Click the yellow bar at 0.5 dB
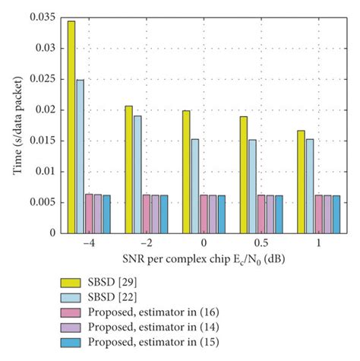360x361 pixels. point(243,174)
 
